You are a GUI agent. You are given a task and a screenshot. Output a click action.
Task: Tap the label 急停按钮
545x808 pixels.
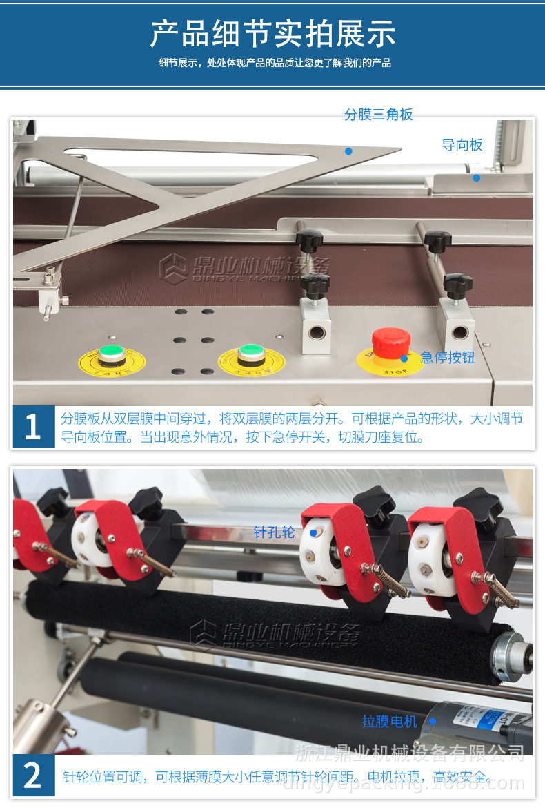point(448,357)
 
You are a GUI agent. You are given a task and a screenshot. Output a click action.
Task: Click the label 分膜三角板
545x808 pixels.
point(379,115)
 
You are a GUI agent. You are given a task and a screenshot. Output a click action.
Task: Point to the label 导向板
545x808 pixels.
point(462,145)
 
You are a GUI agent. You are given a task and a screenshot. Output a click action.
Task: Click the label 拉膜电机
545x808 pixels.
point(390,722)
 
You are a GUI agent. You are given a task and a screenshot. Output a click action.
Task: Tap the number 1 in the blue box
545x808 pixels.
point(32,427)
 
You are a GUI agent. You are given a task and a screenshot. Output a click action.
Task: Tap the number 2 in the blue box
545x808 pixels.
point(32,776)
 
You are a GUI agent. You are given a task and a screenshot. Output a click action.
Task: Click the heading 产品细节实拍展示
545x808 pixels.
point(273,34)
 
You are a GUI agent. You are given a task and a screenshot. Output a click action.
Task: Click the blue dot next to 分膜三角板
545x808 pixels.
point(349,151)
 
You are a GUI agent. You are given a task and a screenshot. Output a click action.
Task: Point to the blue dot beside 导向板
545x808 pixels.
point(476,177)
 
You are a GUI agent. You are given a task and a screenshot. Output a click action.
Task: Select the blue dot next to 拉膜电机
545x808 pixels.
point(433,722)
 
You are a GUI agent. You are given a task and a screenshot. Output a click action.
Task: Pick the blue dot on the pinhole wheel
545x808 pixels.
point(313,532)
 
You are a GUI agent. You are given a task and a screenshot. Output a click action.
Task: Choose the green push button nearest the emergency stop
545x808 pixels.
point(251,354)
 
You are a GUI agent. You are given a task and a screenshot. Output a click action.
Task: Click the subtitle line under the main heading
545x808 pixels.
point(275,64)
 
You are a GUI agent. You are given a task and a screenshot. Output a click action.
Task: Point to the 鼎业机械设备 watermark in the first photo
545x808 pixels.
point(246,267)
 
